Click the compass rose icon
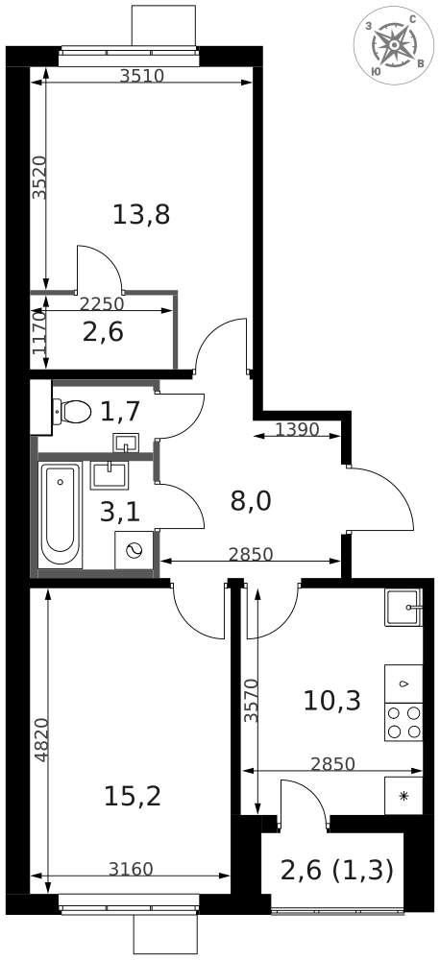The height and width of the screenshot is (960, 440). tap(394, 45)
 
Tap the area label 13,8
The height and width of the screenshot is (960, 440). tap(141, 215)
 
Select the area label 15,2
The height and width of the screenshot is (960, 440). tap(133, 797)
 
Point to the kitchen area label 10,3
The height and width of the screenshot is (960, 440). tap(332, 701)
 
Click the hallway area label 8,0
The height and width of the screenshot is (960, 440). tap(251, 501)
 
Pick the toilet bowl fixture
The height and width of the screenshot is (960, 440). tap(72, 412)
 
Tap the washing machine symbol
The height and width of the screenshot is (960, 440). tap(134, 550)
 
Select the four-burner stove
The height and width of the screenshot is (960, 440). tap(403, 722)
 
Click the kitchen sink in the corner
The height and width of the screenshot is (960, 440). tap(403, 608)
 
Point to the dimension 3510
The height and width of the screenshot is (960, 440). tap(142, 76)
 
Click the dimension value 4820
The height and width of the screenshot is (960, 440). tap(40, 739)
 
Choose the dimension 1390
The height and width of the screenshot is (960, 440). tap(297, 430)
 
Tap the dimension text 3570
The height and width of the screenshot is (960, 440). tap(250, 701)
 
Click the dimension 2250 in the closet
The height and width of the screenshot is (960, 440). tap(103, 303)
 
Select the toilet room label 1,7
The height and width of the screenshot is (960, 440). tap(120, 412)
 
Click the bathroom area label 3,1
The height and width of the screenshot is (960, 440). tap(120, 512)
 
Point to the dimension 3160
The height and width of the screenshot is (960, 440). tap(131, 868)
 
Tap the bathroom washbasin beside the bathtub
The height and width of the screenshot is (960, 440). tap(110, 475)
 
